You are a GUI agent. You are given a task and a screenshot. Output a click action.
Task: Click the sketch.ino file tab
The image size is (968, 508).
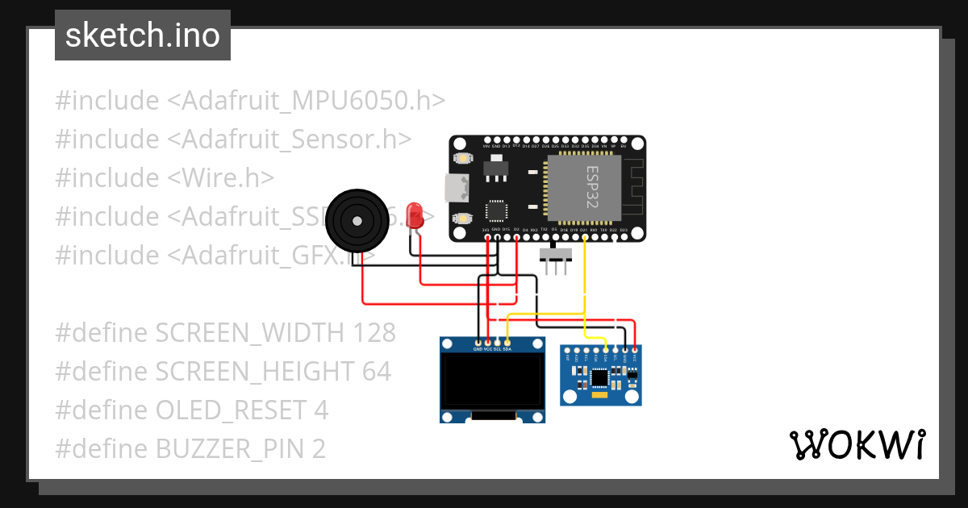point(143,35)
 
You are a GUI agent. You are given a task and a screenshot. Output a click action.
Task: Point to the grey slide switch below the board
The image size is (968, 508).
point(555,256)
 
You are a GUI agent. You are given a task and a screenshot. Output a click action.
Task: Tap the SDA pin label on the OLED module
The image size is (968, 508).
point(507,349)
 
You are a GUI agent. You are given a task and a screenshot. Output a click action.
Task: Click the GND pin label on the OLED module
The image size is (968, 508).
point(478,349)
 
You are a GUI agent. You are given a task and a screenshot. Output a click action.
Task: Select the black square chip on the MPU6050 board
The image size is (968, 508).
point(599,377)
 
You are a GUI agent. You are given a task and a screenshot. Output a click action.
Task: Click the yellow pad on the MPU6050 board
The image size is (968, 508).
point(599,395)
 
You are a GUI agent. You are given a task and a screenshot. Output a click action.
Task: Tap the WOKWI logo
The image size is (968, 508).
point(857,444)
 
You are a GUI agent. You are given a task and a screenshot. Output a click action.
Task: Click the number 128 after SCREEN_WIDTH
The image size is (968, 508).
point(374,332)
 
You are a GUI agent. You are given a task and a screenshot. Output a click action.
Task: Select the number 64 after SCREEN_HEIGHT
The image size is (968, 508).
point(375,371)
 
